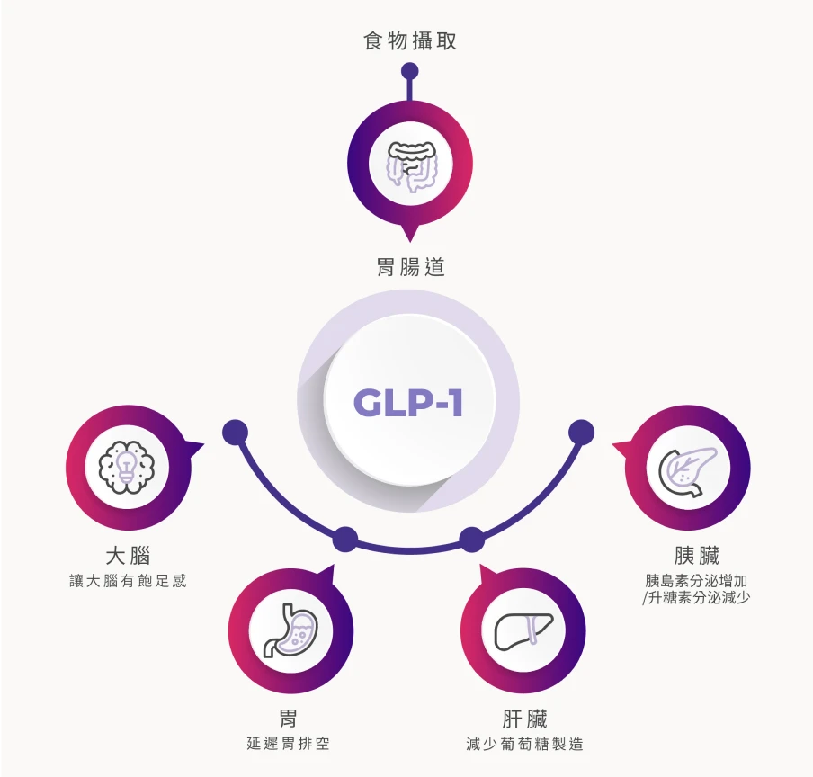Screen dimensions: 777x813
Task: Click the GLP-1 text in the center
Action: (408, 403)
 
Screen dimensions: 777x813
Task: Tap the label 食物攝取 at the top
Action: (410, 41)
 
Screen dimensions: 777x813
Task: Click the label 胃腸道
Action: (410, 267)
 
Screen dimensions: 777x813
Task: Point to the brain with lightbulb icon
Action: (127, 467)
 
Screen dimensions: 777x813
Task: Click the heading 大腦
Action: (128, 555)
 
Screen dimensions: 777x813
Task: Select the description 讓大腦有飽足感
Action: (128, 581)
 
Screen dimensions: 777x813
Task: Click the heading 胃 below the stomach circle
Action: (288, 718)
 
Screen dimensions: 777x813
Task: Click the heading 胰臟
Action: (696, 555)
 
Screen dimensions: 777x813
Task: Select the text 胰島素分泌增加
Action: (696, 580)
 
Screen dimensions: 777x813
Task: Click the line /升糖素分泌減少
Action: (696, 598)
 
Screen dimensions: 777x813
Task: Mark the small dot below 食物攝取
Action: (410, 71)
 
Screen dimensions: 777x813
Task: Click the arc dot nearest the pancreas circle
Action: (582, 433)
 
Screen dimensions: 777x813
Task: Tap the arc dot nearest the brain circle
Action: (235, 433)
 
